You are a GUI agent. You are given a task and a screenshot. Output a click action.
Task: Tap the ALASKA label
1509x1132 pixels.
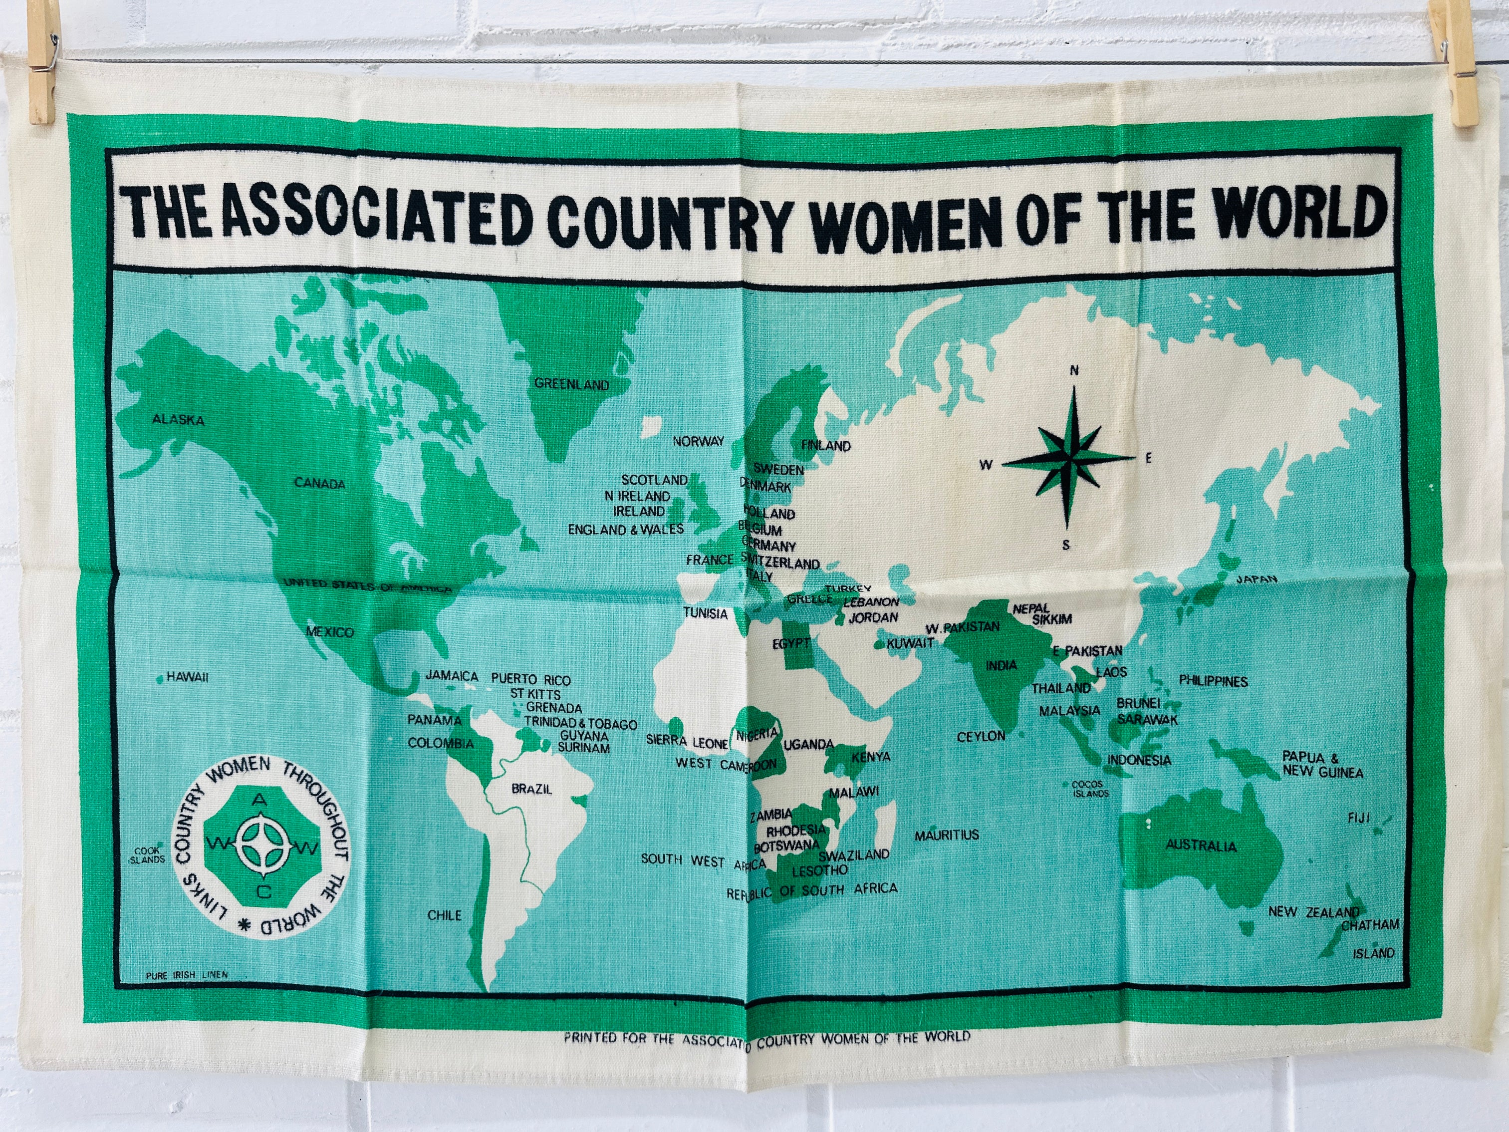(178, 420)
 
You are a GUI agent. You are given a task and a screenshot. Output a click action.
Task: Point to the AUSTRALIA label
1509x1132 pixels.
(1201, 846)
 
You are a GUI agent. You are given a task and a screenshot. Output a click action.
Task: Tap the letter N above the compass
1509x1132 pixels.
(1074, 371)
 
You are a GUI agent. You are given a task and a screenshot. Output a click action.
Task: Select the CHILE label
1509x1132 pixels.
(444, 915)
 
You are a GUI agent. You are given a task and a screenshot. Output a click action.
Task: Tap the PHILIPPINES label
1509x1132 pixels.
(1214, 681)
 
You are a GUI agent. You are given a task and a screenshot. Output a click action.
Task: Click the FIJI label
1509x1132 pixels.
(1358, 818)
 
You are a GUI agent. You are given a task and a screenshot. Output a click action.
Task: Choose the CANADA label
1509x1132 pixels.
(320, 484)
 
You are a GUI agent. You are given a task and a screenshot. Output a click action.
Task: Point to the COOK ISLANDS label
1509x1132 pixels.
(147, 855)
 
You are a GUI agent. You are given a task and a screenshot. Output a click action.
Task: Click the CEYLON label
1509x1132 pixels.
(981, 736)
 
